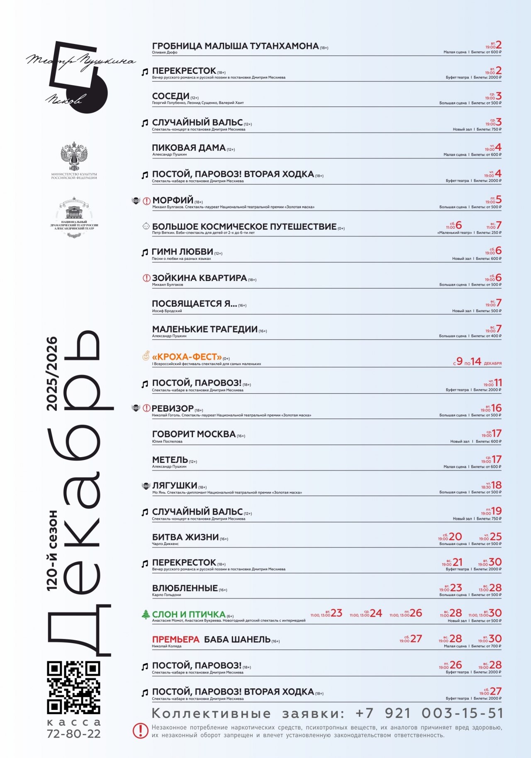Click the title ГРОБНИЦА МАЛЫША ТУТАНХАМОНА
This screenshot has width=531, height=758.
235,46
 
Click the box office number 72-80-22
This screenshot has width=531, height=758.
74,734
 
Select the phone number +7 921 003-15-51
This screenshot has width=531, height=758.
429,713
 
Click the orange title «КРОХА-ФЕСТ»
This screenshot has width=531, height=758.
187,357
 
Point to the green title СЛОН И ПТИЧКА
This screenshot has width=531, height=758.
189,614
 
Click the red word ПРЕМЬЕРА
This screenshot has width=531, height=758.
176,639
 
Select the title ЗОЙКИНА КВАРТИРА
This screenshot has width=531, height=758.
199,278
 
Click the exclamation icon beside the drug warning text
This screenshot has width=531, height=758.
141,731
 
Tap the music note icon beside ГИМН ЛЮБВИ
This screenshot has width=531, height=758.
145,252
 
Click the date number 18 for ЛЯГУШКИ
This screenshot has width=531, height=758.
496,485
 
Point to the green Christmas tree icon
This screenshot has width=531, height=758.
146,615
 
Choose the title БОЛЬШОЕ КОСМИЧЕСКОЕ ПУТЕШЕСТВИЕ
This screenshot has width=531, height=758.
244,227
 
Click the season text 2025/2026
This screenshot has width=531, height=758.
52,373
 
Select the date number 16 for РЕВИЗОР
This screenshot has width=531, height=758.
496,408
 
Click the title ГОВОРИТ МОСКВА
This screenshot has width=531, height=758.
194,434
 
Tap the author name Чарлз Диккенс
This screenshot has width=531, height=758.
165,544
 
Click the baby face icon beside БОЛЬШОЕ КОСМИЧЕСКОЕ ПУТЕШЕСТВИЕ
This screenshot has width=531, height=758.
146,226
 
